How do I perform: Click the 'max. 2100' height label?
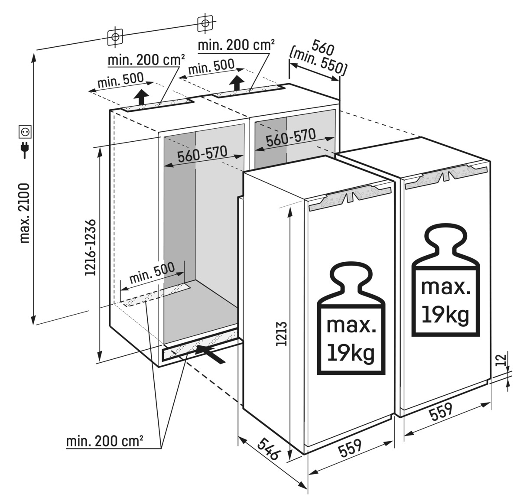coord(25,212)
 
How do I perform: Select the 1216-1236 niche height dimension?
coord(90,247)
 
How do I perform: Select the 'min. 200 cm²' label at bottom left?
coord(104,442)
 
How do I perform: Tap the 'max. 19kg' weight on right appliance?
coord(445,301)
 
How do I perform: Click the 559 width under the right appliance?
coord(441,413)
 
